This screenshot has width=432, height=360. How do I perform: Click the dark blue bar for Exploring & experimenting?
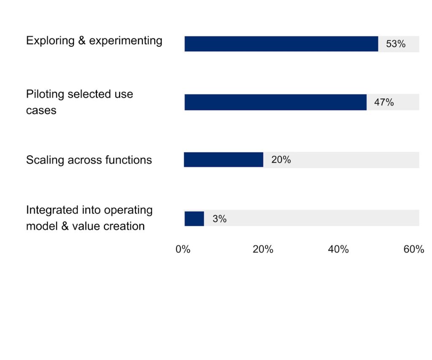point(281,44)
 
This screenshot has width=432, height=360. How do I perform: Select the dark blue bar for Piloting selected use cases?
point(275,102)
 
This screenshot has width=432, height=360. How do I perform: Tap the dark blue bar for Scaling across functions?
point(223,160)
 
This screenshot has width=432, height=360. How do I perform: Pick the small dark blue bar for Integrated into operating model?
point(194,219)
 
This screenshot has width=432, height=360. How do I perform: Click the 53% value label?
point(395,44)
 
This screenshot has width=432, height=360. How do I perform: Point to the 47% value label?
point(383,102)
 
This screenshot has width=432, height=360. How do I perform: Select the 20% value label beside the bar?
point(281,160)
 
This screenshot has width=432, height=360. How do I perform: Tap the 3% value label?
point(219,219)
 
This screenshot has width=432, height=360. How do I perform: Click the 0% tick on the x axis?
point(183,249)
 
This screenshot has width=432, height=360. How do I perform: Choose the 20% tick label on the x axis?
point(263,249)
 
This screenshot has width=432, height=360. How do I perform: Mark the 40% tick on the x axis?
point(338,249)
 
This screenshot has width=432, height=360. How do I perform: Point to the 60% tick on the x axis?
point(413,249)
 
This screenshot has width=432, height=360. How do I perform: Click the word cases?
point(41,110)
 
